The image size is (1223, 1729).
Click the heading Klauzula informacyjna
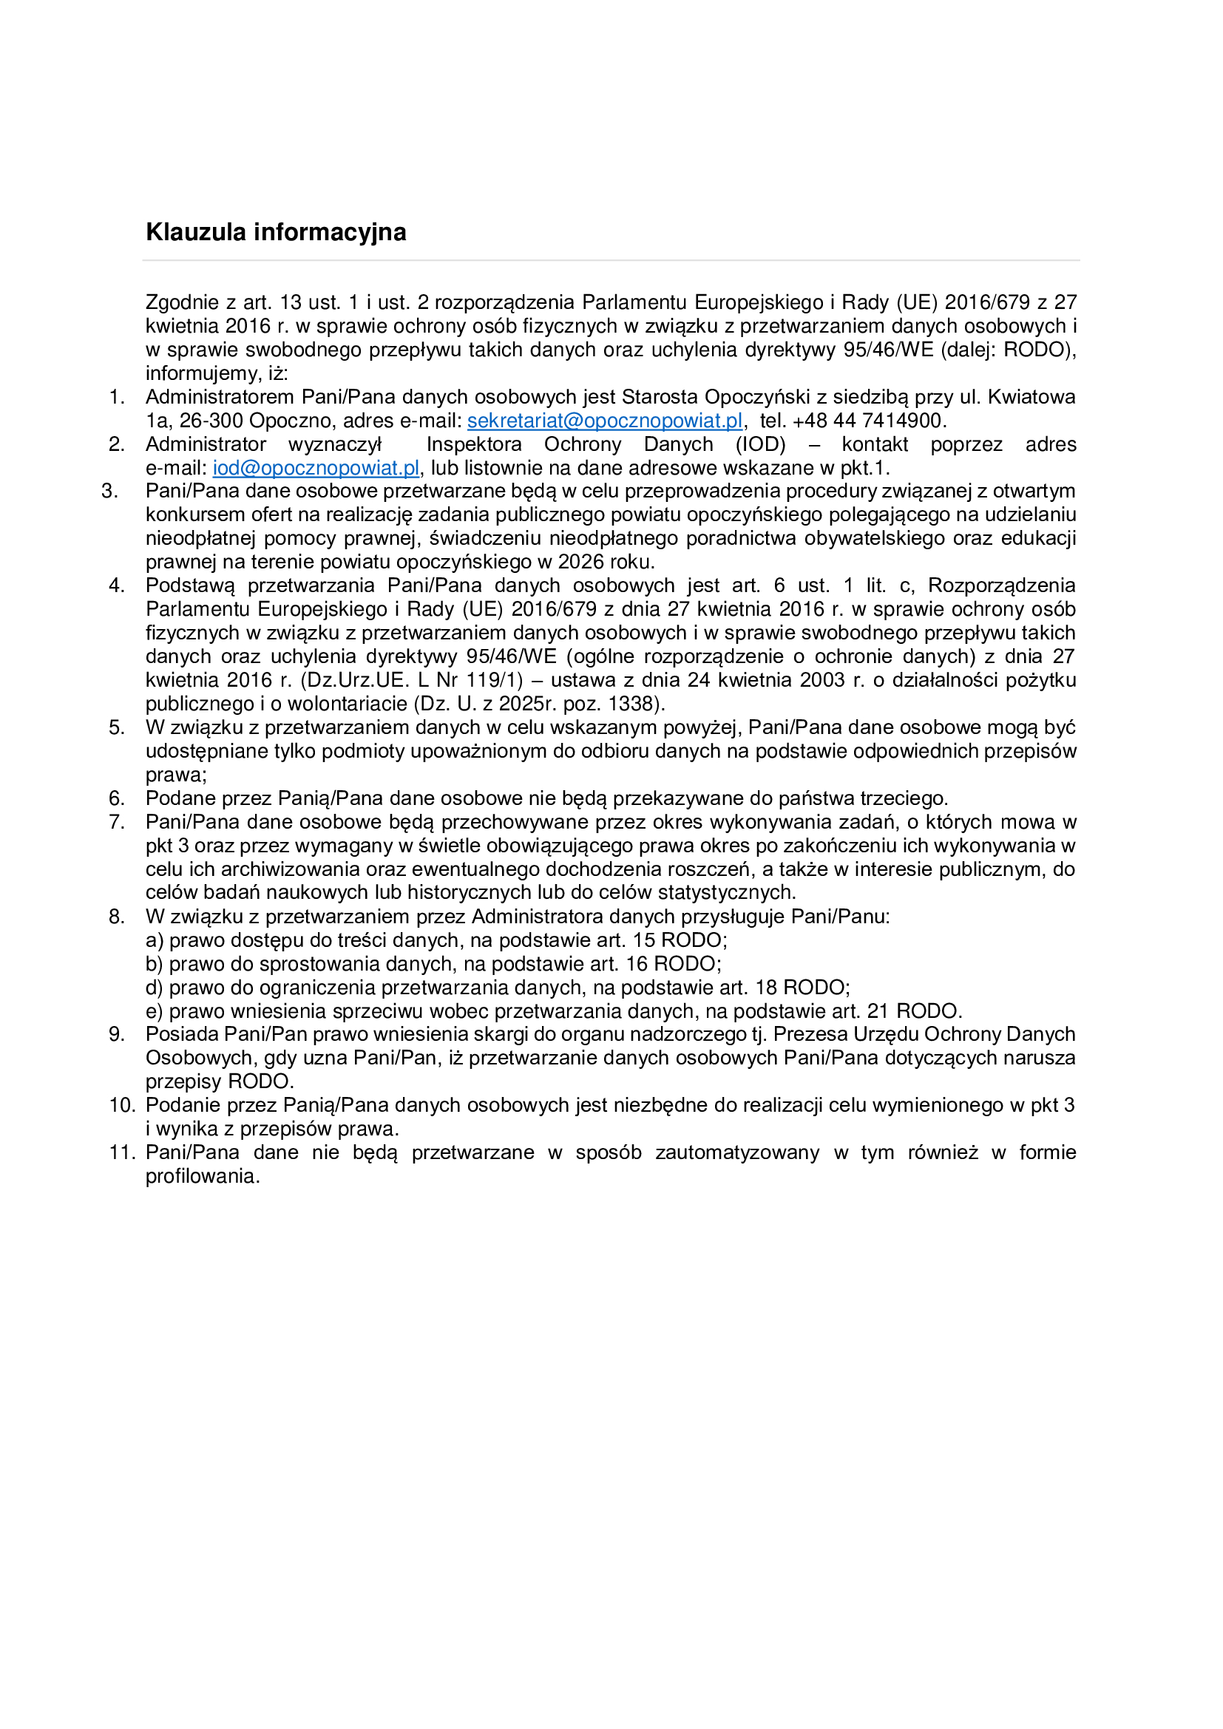(276, 232)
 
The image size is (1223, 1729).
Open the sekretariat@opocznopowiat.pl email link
(605, 420)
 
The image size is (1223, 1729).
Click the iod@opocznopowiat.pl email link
(316, 468)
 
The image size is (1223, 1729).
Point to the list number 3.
(109, 491)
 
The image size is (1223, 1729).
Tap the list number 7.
(117, 821)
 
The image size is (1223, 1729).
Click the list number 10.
(121, 1104)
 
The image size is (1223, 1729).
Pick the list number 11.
(121, 1152)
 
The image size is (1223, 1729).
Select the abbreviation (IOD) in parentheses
(761, 444)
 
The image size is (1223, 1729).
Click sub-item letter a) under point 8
(155, 940)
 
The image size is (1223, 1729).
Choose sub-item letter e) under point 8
(155, 1010)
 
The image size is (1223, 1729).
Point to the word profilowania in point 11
(202, 1176)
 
